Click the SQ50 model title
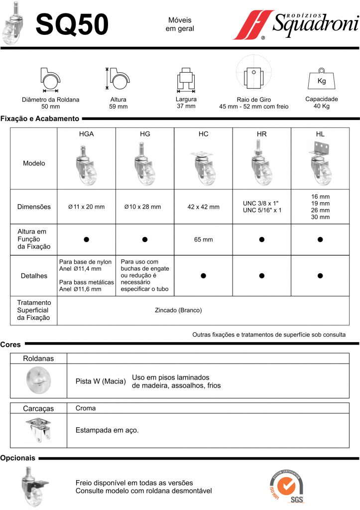click(73, 25)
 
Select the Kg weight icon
click(322, 79)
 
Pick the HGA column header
click(86, 134)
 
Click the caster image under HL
click(320, 162)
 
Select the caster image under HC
click(203, 163)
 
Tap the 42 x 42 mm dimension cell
click(203, 207)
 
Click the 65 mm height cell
click(203, 240)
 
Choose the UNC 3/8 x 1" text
click(261, 203)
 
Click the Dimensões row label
click(34, 207)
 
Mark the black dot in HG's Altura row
click(145, 240)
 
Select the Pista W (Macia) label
click(100, 382)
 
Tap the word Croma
click(86, 408)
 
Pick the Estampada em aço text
click(107, 430)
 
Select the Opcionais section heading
click(18, 458)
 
